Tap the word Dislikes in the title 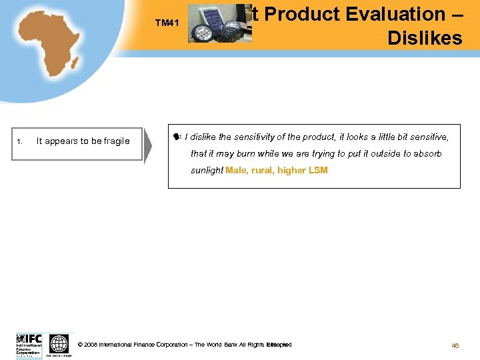[425, 38]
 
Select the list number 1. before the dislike [21, 141]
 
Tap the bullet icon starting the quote [177, 137]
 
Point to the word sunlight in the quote [207, 171]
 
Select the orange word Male [237, 171]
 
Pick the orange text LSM [318, 171]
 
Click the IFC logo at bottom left [29, 345]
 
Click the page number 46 [455, 345]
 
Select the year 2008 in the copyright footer [91, 345]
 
